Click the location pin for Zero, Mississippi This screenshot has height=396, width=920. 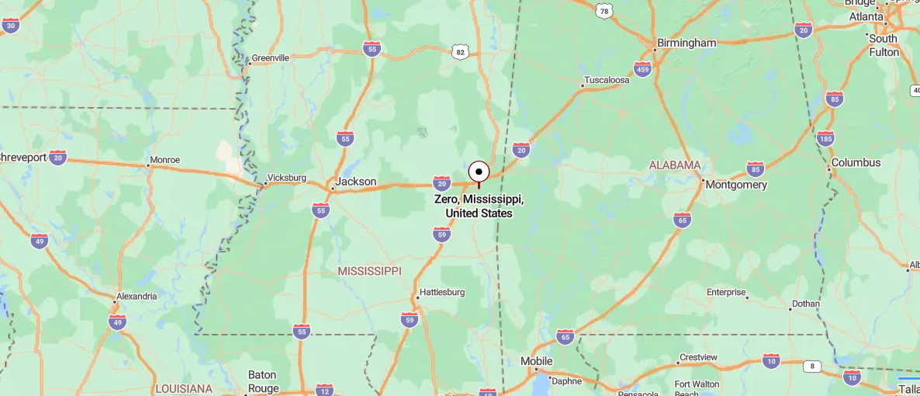click(x=479, y=172)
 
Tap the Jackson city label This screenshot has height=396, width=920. click(x=356, y=182)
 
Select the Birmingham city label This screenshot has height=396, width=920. click(x=686, y=43)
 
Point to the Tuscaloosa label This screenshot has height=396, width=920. click(x=607, y=80)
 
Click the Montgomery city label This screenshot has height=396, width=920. click(x=736, y=185)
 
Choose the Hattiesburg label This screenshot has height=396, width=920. click(x=441, y=293)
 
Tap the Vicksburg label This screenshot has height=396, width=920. click(x=286, y=178)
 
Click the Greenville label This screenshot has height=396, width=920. click(x=270, y=58)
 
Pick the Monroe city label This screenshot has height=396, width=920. click(x=164, y=160)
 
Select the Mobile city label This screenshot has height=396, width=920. click(x=536, y=361)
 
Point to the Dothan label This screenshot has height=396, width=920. click(x=805, y=304)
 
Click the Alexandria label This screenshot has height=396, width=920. click(x=137, y=296)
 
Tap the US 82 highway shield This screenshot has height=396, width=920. click(x=461, y=52)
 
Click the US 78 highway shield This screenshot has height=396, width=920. click(x=604, y=11)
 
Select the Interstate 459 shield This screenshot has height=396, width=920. click(x=642, y=69)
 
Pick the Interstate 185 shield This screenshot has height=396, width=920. click(x=825, y=139)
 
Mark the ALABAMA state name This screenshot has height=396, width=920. click(x=675, y=165)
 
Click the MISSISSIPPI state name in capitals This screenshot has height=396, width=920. click(x=369, y=271)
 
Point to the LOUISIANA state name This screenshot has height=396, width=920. click(x=183, y=388)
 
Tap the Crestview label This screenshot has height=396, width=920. click(x=698, y=357)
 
